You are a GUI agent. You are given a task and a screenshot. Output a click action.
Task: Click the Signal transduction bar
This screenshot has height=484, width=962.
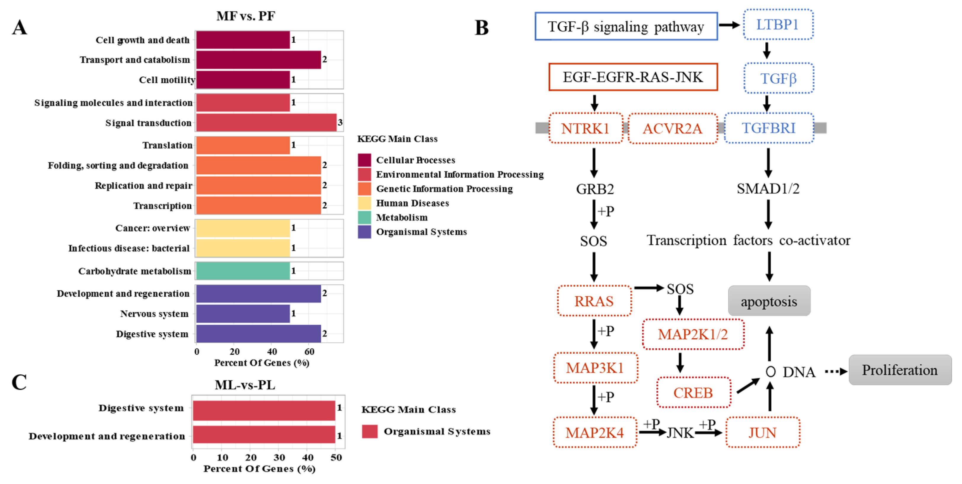tap(266, 123)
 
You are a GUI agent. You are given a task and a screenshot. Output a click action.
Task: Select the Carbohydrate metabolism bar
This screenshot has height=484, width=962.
tap(243, 271)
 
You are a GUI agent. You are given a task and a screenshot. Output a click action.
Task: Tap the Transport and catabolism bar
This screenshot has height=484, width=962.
tap(258, 60)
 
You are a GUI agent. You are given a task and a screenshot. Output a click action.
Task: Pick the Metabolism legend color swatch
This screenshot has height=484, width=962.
tap(364, 217)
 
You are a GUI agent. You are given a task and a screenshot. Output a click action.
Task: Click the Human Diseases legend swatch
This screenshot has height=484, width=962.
tap(364, 203)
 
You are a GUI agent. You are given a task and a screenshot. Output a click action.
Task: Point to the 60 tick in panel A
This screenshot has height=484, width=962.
tap(309, 351)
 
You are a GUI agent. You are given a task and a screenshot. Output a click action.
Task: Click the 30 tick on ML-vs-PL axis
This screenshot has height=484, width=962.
tap(279, 457)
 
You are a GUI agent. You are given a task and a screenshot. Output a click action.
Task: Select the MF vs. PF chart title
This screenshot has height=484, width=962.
tap(246, 16)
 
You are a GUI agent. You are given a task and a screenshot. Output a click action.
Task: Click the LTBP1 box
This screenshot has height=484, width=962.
tap(778, 25)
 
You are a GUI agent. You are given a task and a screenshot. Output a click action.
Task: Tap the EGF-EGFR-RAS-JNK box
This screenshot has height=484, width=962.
tap(633, 77)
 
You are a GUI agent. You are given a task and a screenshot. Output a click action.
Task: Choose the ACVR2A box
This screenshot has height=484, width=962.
tap(672, 129)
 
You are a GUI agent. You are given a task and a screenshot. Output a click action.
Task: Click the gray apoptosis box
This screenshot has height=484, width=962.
tap(769, 301)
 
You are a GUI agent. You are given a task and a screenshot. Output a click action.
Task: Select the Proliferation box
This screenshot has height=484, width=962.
tap(900, 370)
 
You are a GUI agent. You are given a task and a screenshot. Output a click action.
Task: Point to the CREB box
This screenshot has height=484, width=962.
tap(693, 392)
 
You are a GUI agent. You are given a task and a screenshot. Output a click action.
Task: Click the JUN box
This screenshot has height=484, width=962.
tap(762, 432)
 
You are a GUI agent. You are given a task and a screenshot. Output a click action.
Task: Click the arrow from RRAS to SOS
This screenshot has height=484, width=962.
tap(648, 288)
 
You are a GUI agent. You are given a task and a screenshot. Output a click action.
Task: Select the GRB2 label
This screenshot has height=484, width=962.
tap(595, 189)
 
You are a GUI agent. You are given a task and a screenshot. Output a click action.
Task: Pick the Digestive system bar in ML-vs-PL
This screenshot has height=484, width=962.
tap(264, 410)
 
